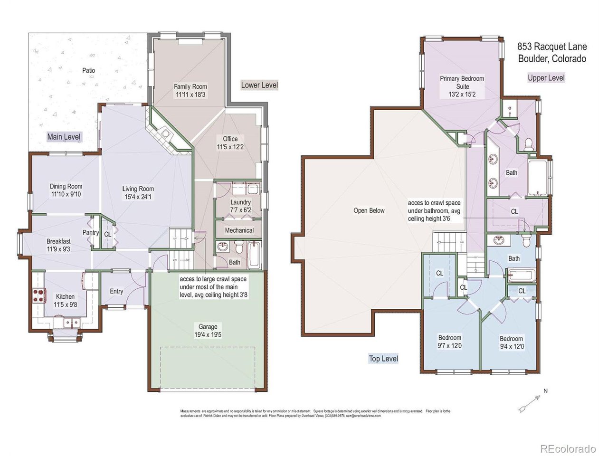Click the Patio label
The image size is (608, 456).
[88, 70]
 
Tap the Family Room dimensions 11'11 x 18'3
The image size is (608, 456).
[190, 95]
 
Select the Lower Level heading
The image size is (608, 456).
[259, 85]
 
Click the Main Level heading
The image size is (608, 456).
[64, 137]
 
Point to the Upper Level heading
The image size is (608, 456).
[546, 78]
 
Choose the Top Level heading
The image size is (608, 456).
[383, 359]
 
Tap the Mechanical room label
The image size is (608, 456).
[239, 230]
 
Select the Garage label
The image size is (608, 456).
[208, 326]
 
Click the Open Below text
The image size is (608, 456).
[369, 210]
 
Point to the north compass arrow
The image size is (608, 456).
[530, 402]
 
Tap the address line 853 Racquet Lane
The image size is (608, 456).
[551, 47]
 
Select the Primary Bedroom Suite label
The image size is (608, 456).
[462, 82]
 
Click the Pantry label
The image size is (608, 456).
[90, 232]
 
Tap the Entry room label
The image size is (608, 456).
[116, 291]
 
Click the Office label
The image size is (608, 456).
[230, 139]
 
